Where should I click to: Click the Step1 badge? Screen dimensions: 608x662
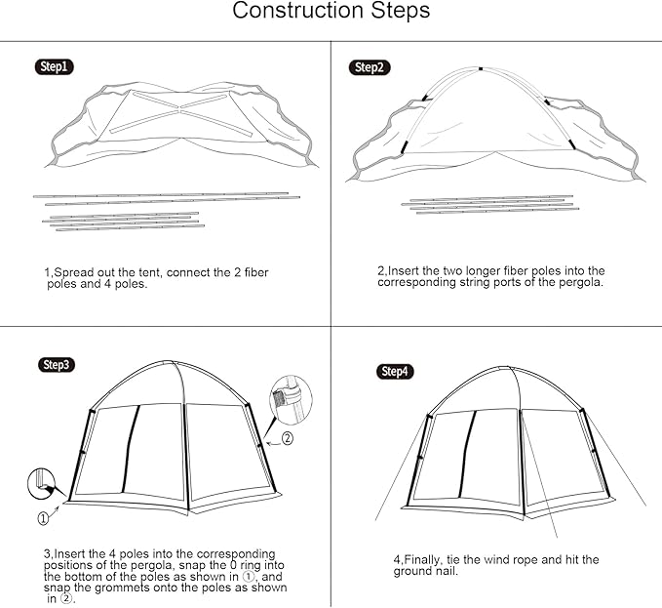(x=55, y=66)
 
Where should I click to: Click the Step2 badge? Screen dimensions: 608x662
(x=368, y=67)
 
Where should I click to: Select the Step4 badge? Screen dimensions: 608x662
(x=396, y=372)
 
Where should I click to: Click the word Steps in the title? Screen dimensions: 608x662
(x=399, y=13)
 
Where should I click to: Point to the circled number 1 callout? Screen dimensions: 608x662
(x=43, y=517)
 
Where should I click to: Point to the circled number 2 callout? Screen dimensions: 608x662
(x=287, y=439)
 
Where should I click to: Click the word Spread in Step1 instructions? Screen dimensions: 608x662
(x=73, y=271)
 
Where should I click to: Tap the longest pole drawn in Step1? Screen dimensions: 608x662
(x=161, y=195)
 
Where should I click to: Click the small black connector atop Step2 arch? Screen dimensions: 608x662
(x=481, y=68)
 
